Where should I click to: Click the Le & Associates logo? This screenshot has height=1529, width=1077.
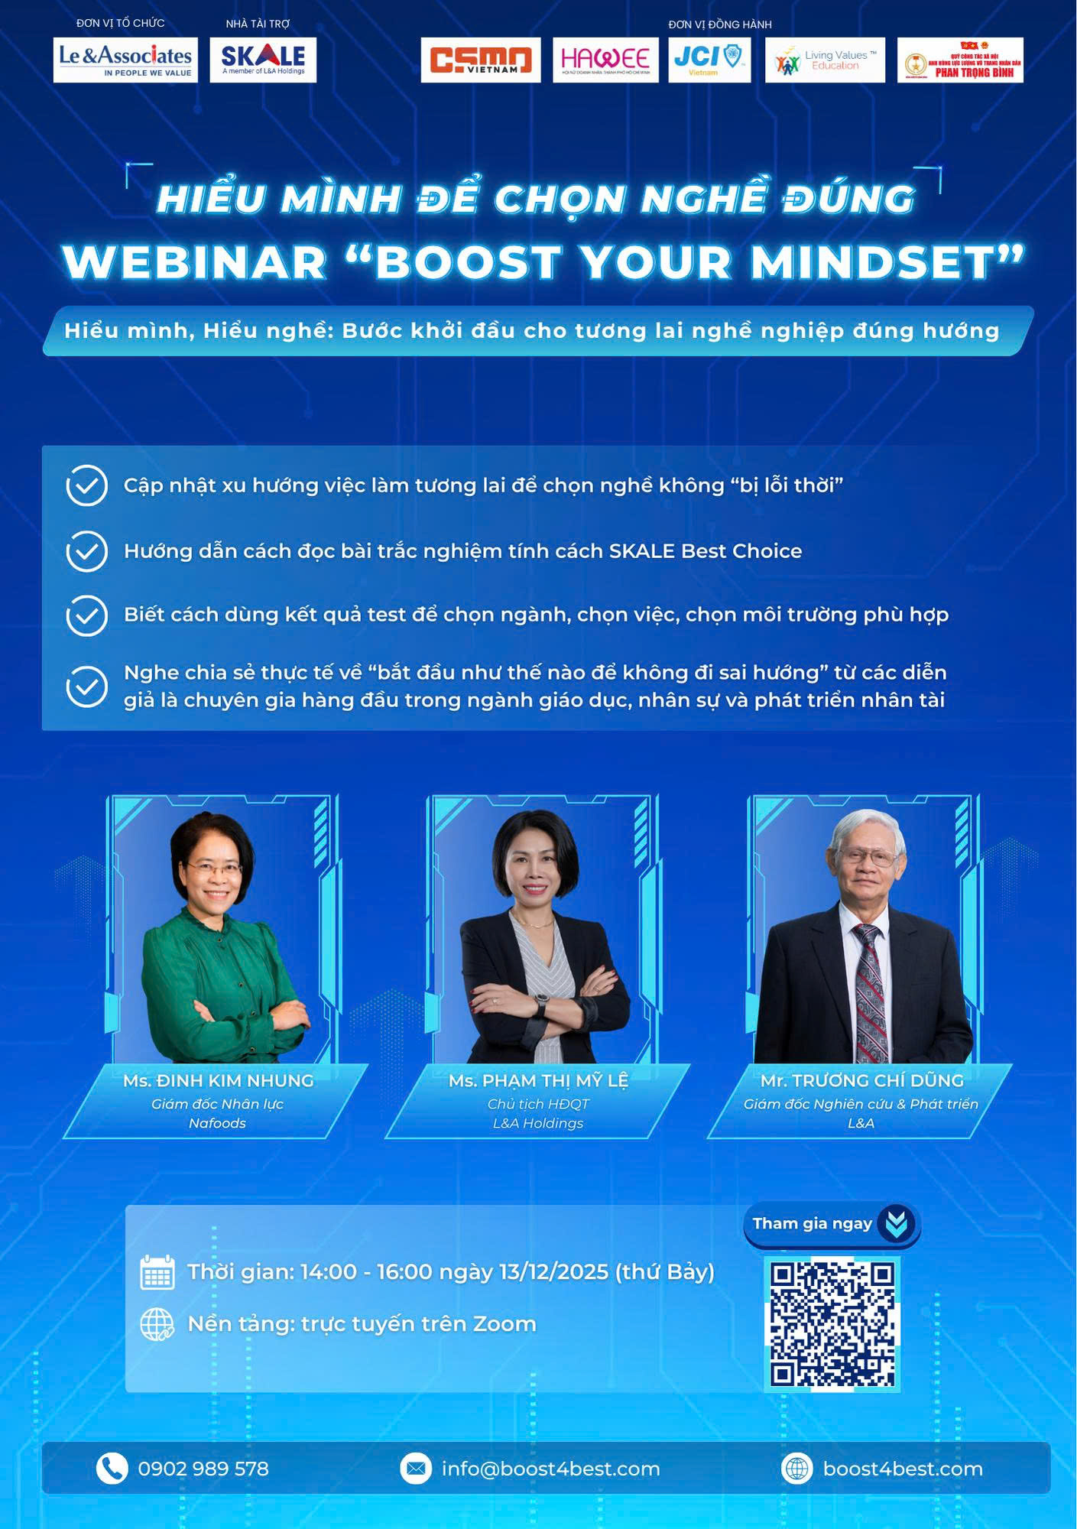coord(125,60)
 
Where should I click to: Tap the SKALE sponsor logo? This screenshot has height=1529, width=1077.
coord(263,60)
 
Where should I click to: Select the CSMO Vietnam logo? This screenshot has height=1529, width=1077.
coord(480,60)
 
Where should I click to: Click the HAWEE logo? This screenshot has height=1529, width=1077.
coord(605,60)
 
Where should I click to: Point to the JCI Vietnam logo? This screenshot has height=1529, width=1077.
coord(709,60)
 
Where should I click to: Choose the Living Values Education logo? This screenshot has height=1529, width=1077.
coord(825,60)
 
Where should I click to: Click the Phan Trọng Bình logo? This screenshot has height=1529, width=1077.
coord(960,60)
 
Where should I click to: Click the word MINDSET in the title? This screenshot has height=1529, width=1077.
coord(872,263)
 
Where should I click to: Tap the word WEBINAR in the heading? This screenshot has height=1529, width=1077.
coord(196,263)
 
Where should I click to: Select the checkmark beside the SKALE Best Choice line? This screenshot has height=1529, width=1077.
coord(86,551)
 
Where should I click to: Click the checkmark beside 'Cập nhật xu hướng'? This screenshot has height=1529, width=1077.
coord(86,485)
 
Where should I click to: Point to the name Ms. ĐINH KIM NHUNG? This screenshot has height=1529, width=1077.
coord(218,1080)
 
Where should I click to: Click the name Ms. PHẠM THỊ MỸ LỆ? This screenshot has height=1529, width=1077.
coord(538,1080)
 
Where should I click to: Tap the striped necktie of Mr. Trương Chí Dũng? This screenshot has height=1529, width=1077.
coord(869,994)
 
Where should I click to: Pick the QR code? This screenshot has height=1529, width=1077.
coord(832,1324)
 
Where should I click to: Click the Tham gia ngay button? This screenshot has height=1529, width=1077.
coord(832,1223)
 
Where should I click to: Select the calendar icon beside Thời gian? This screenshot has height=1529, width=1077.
coord(157,1272)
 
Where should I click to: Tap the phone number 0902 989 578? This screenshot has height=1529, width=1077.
coord(203,1469)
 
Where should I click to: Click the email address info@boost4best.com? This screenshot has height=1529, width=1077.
coord(550,1469)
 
